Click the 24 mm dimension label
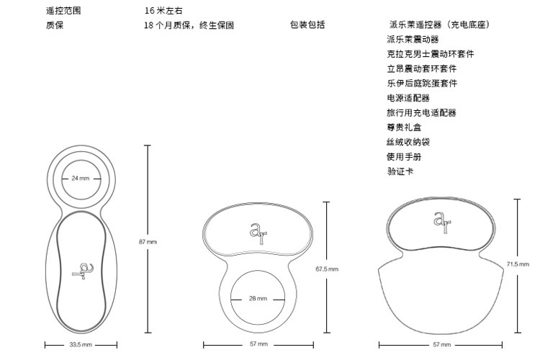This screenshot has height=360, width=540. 80,178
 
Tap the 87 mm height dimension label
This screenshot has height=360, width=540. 148,242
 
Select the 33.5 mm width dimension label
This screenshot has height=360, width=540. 81,344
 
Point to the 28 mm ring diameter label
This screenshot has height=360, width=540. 258,298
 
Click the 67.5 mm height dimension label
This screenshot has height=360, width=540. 327,269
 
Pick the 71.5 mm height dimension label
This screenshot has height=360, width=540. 518,264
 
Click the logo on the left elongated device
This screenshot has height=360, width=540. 83,271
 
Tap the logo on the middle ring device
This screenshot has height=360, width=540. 258,233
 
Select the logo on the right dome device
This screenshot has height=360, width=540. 442,222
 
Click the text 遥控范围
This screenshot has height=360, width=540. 63,11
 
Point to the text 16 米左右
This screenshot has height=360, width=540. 163,11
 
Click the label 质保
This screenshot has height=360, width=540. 55,25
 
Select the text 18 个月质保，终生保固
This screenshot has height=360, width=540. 189,25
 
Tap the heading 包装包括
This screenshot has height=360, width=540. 307,24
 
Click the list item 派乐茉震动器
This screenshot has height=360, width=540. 413,40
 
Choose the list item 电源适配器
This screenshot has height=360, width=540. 408,98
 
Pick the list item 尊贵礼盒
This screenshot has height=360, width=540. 404,127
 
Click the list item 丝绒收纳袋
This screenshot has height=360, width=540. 408,142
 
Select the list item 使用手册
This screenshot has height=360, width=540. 404,157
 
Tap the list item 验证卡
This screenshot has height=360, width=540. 400,171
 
